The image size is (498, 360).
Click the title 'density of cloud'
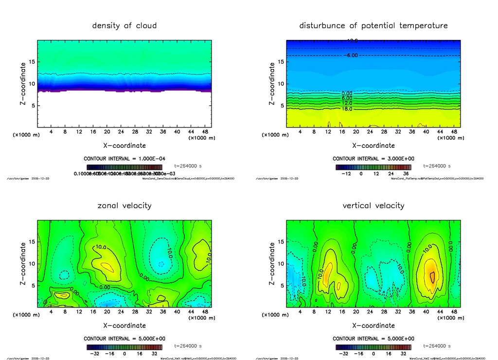click(x=124, y=25)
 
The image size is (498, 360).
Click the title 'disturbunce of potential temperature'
click(x=373, y=25)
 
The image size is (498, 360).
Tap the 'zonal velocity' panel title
click(x=124, y=205)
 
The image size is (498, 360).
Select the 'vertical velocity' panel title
click(x=373, y=205)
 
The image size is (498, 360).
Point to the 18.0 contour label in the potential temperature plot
click(x=347, y=109)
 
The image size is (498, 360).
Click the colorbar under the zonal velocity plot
click(x=124, y=347)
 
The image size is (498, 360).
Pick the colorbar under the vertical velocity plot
click(x=373, y=347)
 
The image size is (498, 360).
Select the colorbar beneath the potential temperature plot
click(x=373, y=167)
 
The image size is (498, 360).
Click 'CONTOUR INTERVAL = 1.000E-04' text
click(x=124, y=159)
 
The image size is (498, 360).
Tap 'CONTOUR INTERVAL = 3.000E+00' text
click(x=373, y=159)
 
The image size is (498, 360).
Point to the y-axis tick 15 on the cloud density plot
click(x=31, y=62)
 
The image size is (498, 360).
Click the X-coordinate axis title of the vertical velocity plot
click(x=373, y=325)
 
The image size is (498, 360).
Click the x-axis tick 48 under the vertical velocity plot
click(x=454, y=312)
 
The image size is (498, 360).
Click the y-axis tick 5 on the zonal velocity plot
click(x=33, y=286)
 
